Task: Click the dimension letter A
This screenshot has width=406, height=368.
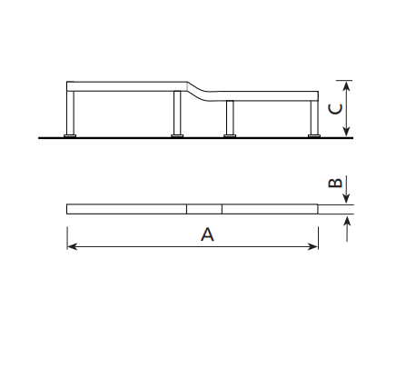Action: pyautogui.click(x=207, y=234)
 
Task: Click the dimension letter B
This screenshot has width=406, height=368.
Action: pyautogui.click(x=335, y=183)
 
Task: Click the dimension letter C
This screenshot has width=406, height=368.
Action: pyautogui.click(x=335, y=109)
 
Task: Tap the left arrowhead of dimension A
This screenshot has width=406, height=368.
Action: pyautogui.click(x=72, y=246)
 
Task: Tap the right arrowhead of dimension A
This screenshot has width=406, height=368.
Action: pyautogui.click(x=313, y=246)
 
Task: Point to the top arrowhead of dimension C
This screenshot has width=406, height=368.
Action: pyautogui.click(x=347, y=86)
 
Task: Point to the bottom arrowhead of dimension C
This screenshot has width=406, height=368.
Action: pyautogui.click(x=347, y=132)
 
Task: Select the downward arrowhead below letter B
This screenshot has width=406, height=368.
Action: pyautogui.click(x=347, y=199)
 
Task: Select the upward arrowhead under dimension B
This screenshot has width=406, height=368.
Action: pyautogui.click(x=347, y=220)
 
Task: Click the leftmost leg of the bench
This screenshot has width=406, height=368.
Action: pyautogui.click(x=70, y=113)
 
